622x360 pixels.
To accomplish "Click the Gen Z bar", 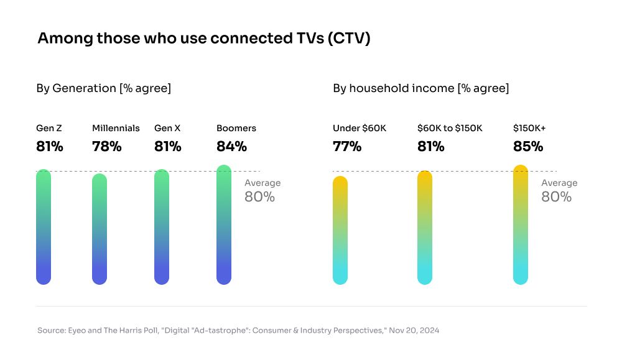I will tap(44, 227).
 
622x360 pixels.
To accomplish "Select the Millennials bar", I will tap(100, 229).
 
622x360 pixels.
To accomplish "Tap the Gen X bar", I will tap(162, 227).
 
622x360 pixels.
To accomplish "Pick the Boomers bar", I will tap(224, 224).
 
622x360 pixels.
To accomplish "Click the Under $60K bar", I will tap(340, 230).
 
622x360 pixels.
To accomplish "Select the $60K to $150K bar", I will tap(425, 227).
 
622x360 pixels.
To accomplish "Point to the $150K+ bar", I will tap(521, 224).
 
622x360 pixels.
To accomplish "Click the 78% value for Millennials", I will tap(107, 147).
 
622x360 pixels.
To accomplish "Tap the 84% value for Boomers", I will tap(231, 147).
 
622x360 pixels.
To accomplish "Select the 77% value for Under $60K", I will tap(347, 147).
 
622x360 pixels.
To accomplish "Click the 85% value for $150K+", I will tap(528, 147).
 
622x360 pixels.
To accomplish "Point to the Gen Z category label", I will tap(49, 128).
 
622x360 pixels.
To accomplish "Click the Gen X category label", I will tap(167, 128).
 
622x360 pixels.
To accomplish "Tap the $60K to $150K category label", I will tap(450, 128).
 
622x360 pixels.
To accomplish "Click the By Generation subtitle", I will tap(103, 88).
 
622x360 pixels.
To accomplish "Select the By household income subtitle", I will tap(420, 88).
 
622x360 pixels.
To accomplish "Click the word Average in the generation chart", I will tap(262, 183).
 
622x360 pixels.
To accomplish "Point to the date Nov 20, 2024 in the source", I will tap(414, 330).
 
